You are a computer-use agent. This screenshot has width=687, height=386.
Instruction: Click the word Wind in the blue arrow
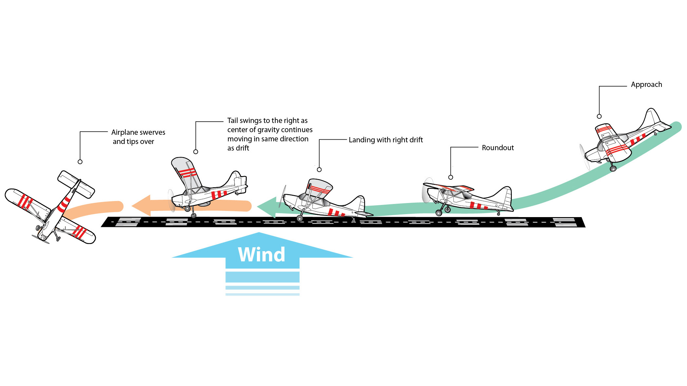(x=261, y=254)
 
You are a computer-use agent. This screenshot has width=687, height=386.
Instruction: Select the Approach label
(x=646, y=85)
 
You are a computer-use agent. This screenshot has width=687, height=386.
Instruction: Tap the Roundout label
(x=497, y=148)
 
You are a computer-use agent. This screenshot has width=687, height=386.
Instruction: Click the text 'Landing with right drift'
(x=385, y=140)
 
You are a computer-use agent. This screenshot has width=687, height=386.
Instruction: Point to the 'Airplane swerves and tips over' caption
(x=138, y=137)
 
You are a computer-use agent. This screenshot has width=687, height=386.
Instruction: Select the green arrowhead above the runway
(x=267, y=207)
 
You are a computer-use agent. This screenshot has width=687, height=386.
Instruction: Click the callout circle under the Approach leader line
(x=599, y=116)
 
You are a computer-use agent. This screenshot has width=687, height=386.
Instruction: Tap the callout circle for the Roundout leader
(x=450, y=177)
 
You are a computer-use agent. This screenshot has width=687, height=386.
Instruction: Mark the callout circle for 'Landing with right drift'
(x=319, y=170)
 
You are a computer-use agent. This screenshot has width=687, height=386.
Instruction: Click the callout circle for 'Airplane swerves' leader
(x=80, y=162)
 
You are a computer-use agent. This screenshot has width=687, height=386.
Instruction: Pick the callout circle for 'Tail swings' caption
(x=196, y=152)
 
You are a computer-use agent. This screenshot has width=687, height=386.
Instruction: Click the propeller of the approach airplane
(x=584, y=157)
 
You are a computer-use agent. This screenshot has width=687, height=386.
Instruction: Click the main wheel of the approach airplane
(x=613, y=169)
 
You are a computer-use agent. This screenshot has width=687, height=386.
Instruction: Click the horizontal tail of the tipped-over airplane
(x=76, y=184)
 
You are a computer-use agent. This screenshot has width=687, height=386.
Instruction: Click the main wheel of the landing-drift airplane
(x=300, y=218)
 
